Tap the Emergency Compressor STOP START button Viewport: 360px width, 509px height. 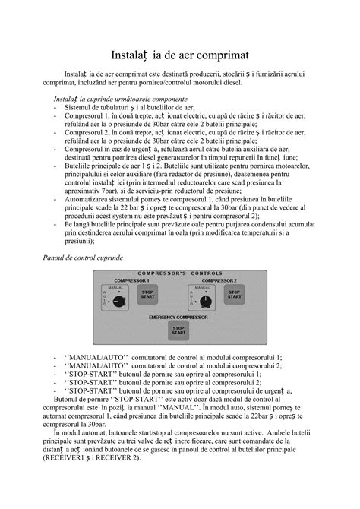point(178,327)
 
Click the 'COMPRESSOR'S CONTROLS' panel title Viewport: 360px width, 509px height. point(179,273)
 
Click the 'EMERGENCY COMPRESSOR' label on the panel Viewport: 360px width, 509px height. point(178,316)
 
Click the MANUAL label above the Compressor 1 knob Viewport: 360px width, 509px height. point(116,287)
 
